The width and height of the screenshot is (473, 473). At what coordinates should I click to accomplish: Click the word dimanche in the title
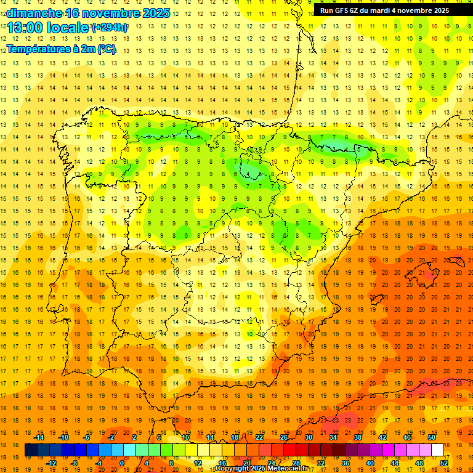tap(34, 13)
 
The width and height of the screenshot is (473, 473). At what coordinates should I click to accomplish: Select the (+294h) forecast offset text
tap(109, 28)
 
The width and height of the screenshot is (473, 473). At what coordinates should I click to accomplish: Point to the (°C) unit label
tap(106, 49)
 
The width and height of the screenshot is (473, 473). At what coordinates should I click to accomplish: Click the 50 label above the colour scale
tap(432, 438)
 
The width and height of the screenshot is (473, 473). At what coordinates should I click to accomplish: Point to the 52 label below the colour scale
tap(444, 463)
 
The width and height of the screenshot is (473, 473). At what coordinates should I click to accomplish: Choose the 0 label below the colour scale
tap(122, 463)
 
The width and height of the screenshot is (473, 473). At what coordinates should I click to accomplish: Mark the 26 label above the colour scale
tap(284, 438)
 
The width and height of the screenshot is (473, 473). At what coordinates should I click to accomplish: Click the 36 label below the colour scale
tap(345, 463)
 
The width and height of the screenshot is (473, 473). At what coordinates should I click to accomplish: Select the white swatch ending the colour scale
tap(437, 450)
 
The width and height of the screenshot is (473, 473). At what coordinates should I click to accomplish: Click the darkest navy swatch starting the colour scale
tap(31, 450)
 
